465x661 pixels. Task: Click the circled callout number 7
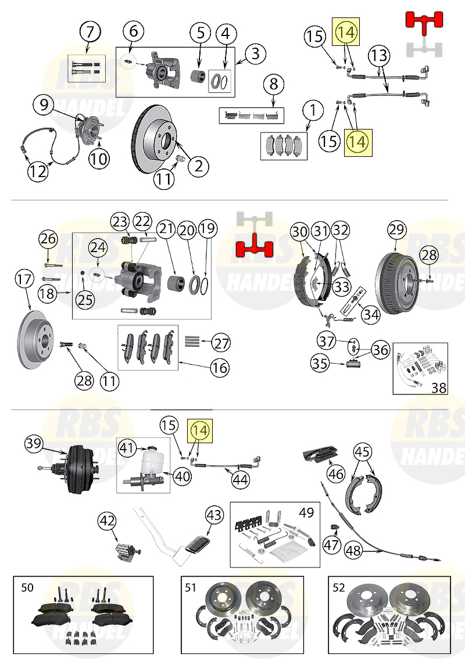coord(90,32)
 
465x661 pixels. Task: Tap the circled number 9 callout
coord(44,104)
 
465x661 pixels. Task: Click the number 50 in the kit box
coord(27,587)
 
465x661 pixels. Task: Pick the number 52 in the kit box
coord(339,587)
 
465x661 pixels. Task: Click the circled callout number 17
coord(24,279)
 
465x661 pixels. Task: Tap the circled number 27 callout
coord(221,343)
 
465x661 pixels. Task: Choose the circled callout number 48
coord(353,550)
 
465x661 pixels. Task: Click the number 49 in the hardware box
coord(306,513)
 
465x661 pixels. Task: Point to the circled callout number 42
coord(107,521)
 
